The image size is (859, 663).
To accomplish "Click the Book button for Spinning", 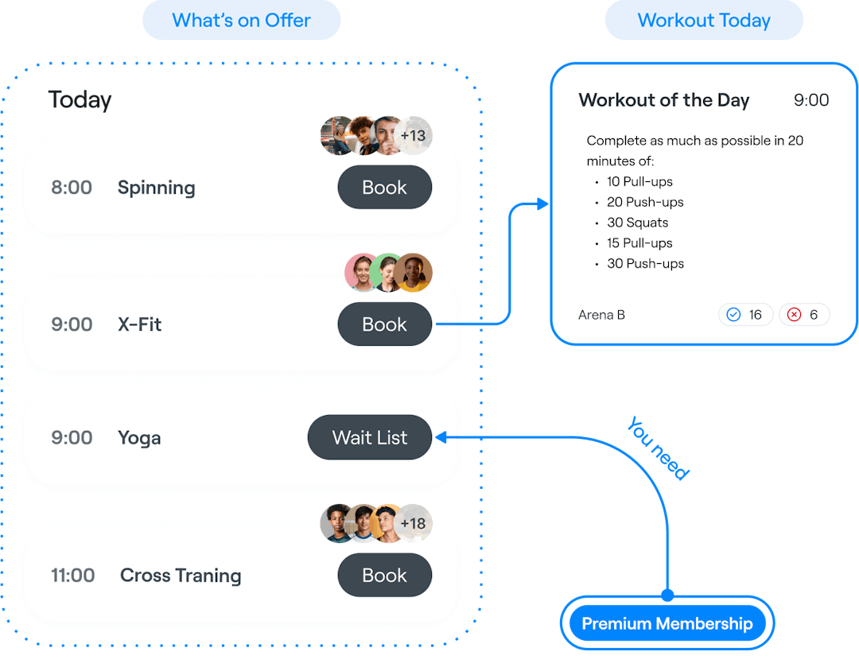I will coord(384,188).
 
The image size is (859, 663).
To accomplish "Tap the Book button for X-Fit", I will coord(384,324).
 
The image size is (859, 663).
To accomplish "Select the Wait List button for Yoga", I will coord(369,437).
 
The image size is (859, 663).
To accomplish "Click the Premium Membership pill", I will coord(667,624).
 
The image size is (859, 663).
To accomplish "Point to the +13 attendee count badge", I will coord(414,135).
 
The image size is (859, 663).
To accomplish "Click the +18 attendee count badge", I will coord(414,524).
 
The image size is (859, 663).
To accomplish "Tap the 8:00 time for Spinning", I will coord(72,188).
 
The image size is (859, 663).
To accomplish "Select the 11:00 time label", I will coord(73,576).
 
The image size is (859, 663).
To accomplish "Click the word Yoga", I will coord(139,438).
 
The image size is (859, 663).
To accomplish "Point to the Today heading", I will coord(80,100).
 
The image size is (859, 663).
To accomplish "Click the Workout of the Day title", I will coord(664,100).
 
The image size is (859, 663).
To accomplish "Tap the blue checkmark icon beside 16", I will coord(733,315).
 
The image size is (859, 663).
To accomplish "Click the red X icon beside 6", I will coord(794,315).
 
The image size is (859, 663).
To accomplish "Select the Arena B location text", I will coord(601,315).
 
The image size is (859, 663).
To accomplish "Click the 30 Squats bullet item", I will coord(637,223).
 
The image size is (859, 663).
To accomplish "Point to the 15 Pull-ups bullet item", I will coord(639,243).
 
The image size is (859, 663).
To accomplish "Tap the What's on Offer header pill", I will coord(241,21).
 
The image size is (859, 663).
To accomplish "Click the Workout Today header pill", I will coord(704,21).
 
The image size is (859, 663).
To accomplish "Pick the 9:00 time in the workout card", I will coord(811,100).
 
